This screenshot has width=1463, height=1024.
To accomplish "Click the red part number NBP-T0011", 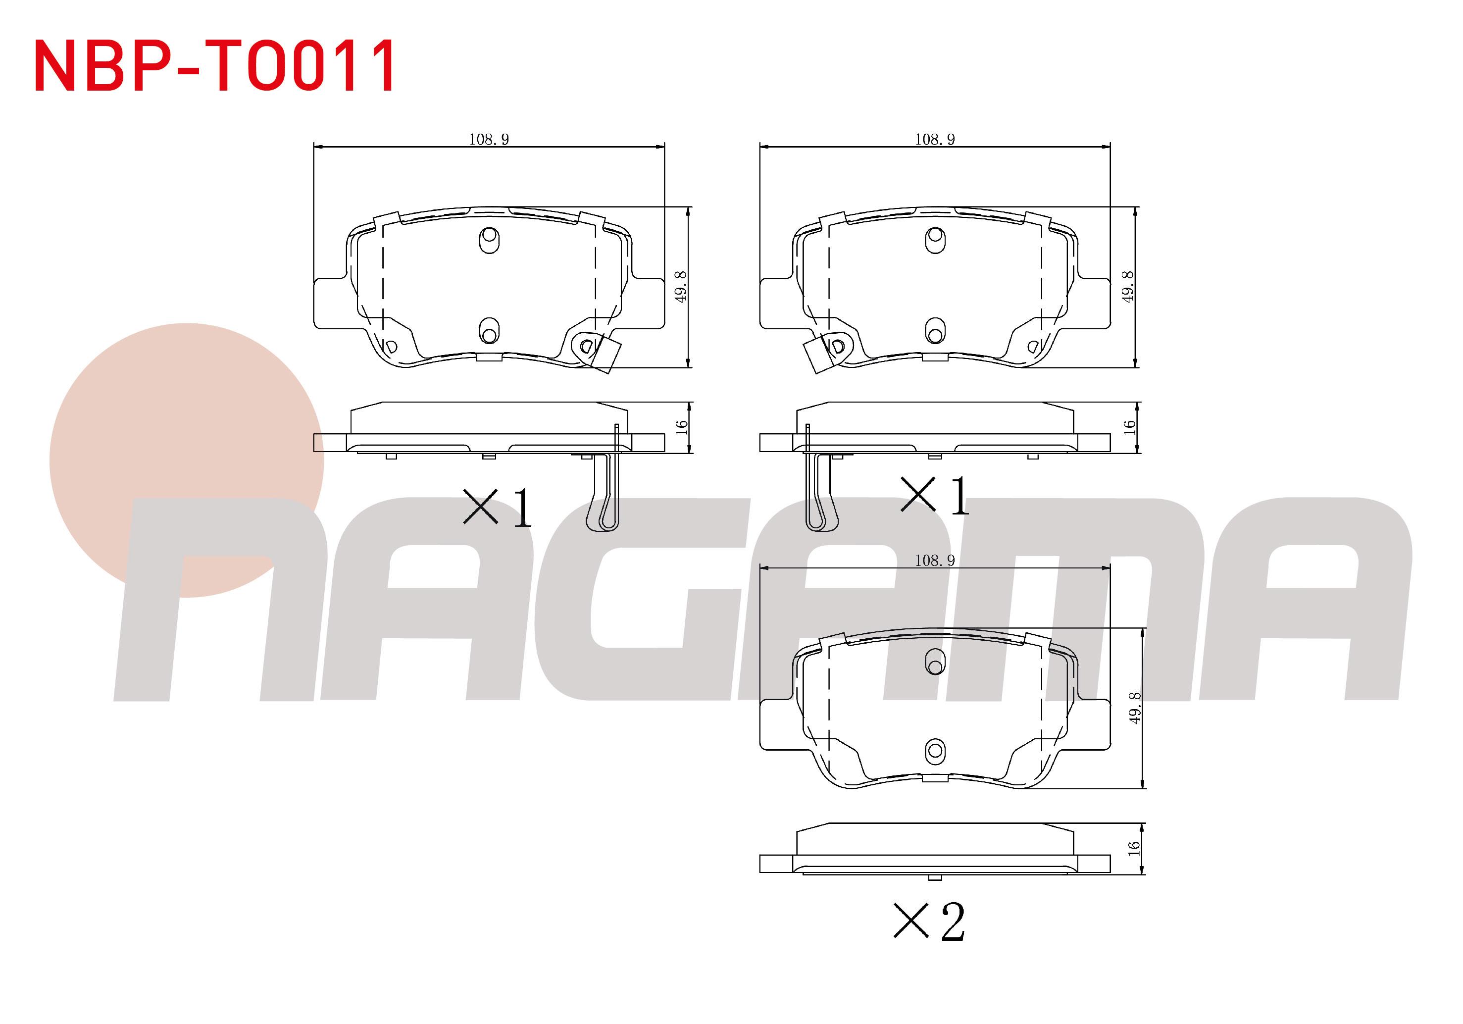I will click(215, 66).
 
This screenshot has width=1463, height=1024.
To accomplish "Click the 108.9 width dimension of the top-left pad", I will click(489, 140).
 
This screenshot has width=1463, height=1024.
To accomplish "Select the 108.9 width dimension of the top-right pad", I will click(935, 140).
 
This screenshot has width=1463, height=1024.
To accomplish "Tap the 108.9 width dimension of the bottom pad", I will click(934, 561).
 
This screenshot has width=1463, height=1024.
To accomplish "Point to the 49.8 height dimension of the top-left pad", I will click(681, 287).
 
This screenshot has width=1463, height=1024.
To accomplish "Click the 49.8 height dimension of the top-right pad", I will click(1127, 287).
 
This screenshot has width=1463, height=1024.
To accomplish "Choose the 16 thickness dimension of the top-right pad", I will click(1129, 427).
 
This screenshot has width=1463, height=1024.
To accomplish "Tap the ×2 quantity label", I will click(930, 922).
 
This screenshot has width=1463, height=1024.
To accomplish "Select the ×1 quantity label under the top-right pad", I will click(934, 496).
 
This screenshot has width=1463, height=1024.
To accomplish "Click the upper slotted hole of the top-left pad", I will click(489, 240).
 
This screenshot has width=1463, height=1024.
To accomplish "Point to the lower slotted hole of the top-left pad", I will click(489, 331).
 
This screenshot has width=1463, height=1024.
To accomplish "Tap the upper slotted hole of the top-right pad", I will click(935, 240).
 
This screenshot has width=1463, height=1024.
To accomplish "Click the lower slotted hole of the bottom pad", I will click(935, 751).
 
